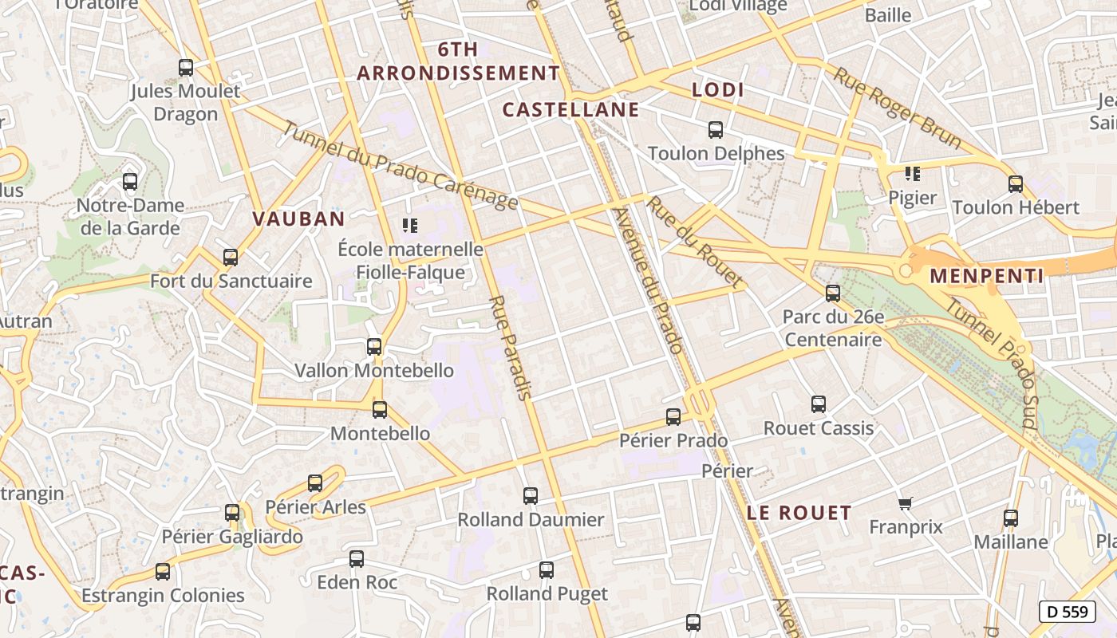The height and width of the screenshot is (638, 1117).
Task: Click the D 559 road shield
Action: [1067, 612]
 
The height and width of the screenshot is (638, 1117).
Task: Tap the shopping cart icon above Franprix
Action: [905, 503]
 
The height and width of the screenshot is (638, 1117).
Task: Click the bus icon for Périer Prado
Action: [673, 417]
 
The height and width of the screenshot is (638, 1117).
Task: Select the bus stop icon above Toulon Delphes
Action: [716, 129]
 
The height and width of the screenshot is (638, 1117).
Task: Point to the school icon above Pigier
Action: [913, 174]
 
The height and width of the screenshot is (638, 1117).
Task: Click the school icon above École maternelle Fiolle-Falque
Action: [410, 226]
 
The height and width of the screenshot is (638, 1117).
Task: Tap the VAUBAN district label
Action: [298, 219]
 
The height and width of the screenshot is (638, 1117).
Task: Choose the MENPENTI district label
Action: [986, 277]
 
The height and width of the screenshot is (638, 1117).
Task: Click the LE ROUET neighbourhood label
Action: [799, 513]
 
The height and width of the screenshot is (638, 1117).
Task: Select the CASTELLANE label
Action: [571, 109]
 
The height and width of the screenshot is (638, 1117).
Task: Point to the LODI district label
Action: [718, 90]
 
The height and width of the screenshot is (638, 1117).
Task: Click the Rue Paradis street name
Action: [510, 348]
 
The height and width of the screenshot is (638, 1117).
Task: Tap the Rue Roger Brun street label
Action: [898, 108]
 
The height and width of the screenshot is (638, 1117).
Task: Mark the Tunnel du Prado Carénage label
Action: [400, 166]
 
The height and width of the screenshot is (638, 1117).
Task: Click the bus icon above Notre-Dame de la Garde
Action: [130, 182]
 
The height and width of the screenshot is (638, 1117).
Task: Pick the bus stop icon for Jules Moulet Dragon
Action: [186, 68]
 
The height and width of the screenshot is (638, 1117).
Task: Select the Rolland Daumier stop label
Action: [531, 520]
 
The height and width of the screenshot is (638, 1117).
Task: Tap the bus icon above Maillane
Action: [1011, 518]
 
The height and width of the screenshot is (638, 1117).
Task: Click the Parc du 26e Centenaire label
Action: [833, 328]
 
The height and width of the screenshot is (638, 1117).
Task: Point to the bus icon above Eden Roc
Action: [357, 559]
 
